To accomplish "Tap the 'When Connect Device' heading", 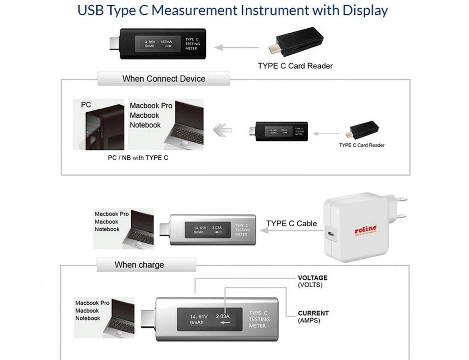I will pyautogui.click(x=164, y=78).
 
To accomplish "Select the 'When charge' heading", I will pyautogui.click(x=139, y=265).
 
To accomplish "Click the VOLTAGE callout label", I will pyautogui.click(x=313, y=278).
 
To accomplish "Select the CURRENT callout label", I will pyautogui.click(x=313, y=313).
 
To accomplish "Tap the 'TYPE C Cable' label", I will pyautogui.click(x=291, y=223).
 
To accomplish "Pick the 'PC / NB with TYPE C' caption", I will pyautogui.click(x=138, y=158).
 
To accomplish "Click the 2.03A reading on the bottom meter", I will pyautogui.click(x=222, y=316).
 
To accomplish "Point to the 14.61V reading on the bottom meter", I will pyautogui.click(x=199, y=316).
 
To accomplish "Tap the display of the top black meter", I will pyautogui.click(x=158, y=44).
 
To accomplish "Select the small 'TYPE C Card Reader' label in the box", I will pyautogui.click(x=362, y=145).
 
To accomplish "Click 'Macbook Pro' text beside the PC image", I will pyautogui.click(x=151, y=106).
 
